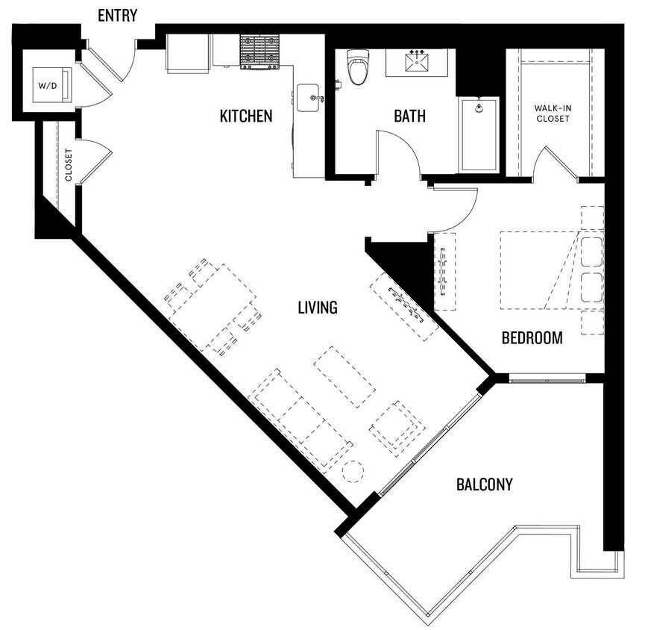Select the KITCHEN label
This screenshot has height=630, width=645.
(245, 116)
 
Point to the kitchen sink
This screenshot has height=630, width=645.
(309, 98)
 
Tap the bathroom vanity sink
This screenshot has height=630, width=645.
(416, 63)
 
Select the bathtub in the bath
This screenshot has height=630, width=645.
(478, 134)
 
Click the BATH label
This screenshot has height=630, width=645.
(409, 116)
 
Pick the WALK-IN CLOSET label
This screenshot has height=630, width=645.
(553, 113)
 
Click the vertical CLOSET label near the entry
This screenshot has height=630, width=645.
(69, 165)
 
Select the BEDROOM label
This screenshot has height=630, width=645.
(532, 338)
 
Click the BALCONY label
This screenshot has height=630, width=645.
(484, 485)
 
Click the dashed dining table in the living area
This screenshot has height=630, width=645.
(213, 306)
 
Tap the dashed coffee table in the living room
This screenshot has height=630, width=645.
(344, 376)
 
